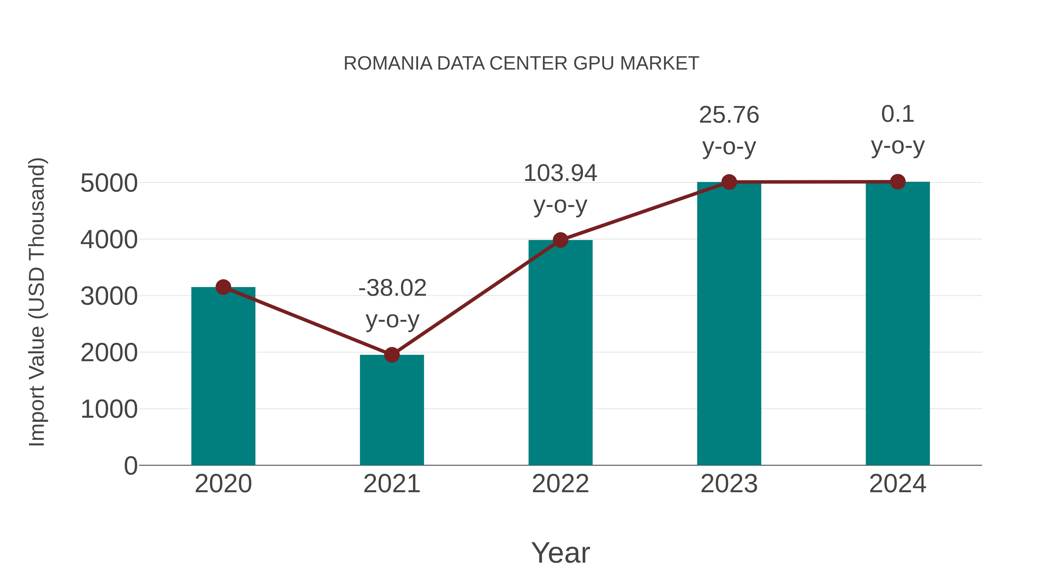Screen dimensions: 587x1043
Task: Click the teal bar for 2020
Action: tap(223, 377)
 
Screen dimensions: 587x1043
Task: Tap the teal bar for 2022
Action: tap(560, 352)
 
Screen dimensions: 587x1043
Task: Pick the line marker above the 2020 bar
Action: tap(223, 287)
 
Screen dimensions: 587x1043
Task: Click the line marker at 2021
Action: tap(391, 355)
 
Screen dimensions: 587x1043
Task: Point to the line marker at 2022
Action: tap(560, 240)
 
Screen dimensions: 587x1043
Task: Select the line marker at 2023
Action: tap(729, 182)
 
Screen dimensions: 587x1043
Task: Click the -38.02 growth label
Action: tap(392, 288)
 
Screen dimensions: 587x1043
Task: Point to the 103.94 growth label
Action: tap(560, 173)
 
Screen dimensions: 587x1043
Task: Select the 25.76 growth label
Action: tap(729, 115)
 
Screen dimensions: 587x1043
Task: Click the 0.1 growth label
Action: tap(898, 114)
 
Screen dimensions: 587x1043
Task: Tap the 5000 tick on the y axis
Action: tap(109, 183)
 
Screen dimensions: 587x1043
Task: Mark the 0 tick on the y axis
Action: tap(131, 466)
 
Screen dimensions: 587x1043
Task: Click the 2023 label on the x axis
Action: tap(729, 484)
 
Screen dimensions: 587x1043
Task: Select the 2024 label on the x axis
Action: tap(898, 484)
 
